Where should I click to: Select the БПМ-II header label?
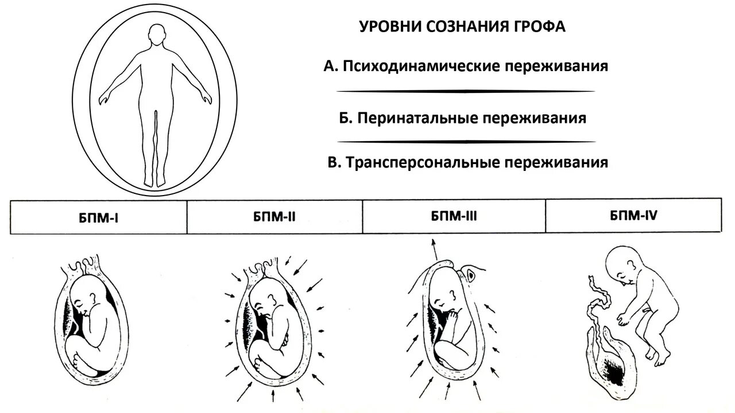coord(274,217)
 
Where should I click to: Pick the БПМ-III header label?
coord(454,216)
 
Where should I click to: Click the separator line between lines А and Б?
coord(465,91)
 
